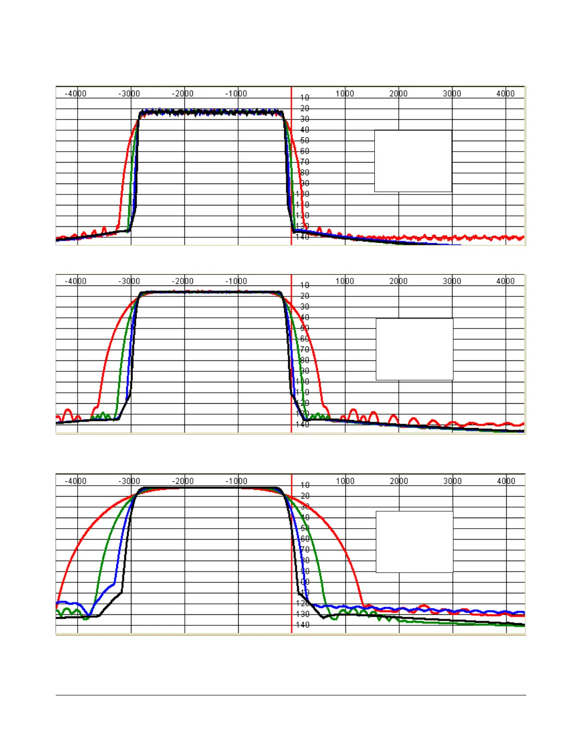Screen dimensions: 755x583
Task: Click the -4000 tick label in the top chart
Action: click(76, 93)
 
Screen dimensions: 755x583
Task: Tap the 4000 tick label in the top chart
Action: click(505, 93)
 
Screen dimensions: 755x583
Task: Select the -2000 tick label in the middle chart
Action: click(183, 281)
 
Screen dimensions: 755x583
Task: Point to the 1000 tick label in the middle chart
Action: click(345, 281)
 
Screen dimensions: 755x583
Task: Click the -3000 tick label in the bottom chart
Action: click(129, 481)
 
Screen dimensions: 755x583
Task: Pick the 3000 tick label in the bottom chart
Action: click(452, 481)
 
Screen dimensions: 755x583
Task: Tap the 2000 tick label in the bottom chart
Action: click(399, 481)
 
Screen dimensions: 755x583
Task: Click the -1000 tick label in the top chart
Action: click(236, 93)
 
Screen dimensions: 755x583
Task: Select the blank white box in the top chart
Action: click(413, 161)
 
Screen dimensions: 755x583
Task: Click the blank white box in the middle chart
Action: click(414, 349)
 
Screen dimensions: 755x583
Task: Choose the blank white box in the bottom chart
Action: click(414, 542)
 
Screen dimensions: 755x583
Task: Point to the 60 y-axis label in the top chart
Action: click(305, 151)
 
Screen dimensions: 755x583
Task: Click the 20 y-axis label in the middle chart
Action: click(305, 296)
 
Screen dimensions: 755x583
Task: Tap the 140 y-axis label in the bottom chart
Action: click(302, 625)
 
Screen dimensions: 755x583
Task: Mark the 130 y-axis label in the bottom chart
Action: click(302, 614)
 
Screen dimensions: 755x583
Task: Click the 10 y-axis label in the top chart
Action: click(305, 98)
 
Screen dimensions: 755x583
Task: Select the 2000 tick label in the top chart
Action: click(398, 93)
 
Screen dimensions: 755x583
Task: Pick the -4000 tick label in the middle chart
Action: click(76, 281)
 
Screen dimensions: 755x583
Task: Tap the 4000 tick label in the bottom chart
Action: click(506, 481)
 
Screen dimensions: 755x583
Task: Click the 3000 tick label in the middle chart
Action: click(452, 281)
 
